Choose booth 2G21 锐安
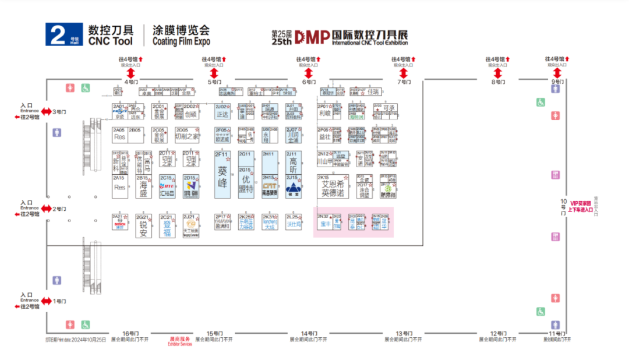coord(143,226)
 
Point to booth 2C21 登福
coord(167,225)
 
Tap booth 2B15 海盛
coord(143,187)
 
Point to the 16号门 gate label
coord(130,333)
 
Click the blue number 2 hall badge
coord(63,34)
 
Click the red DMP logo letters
coord(312,37)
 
